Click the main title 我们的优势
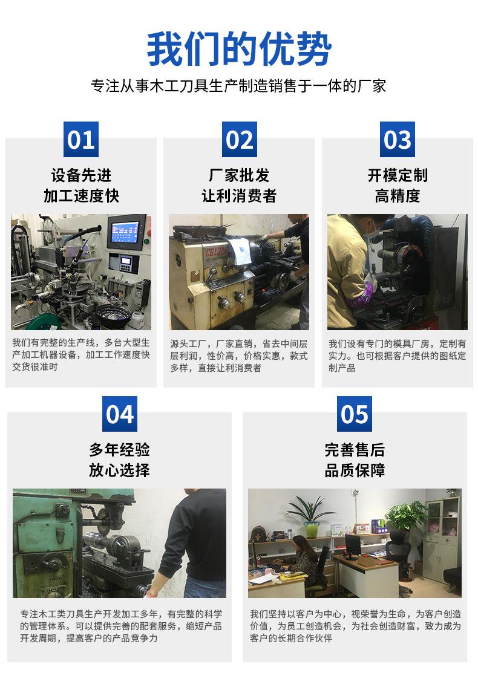coord(239,50)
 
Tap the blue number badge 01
coord(81,140)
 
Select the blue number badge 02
coord(239,140)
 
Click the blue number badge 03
coord(397,140)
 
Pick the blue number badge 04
coord(119,414)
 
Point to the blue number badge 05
coord(355,414)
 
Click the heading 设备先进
coord(81,175)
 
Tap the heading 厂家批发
coord(239,175)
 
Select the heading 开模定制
coord(397,175)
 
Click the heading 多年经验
coord(119,450)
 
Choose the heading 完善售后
coord(355,450)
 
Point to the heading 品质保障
coord(355,470)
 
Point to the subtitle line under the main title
coord(239,86)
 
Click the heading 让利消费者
coord(239,196)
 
